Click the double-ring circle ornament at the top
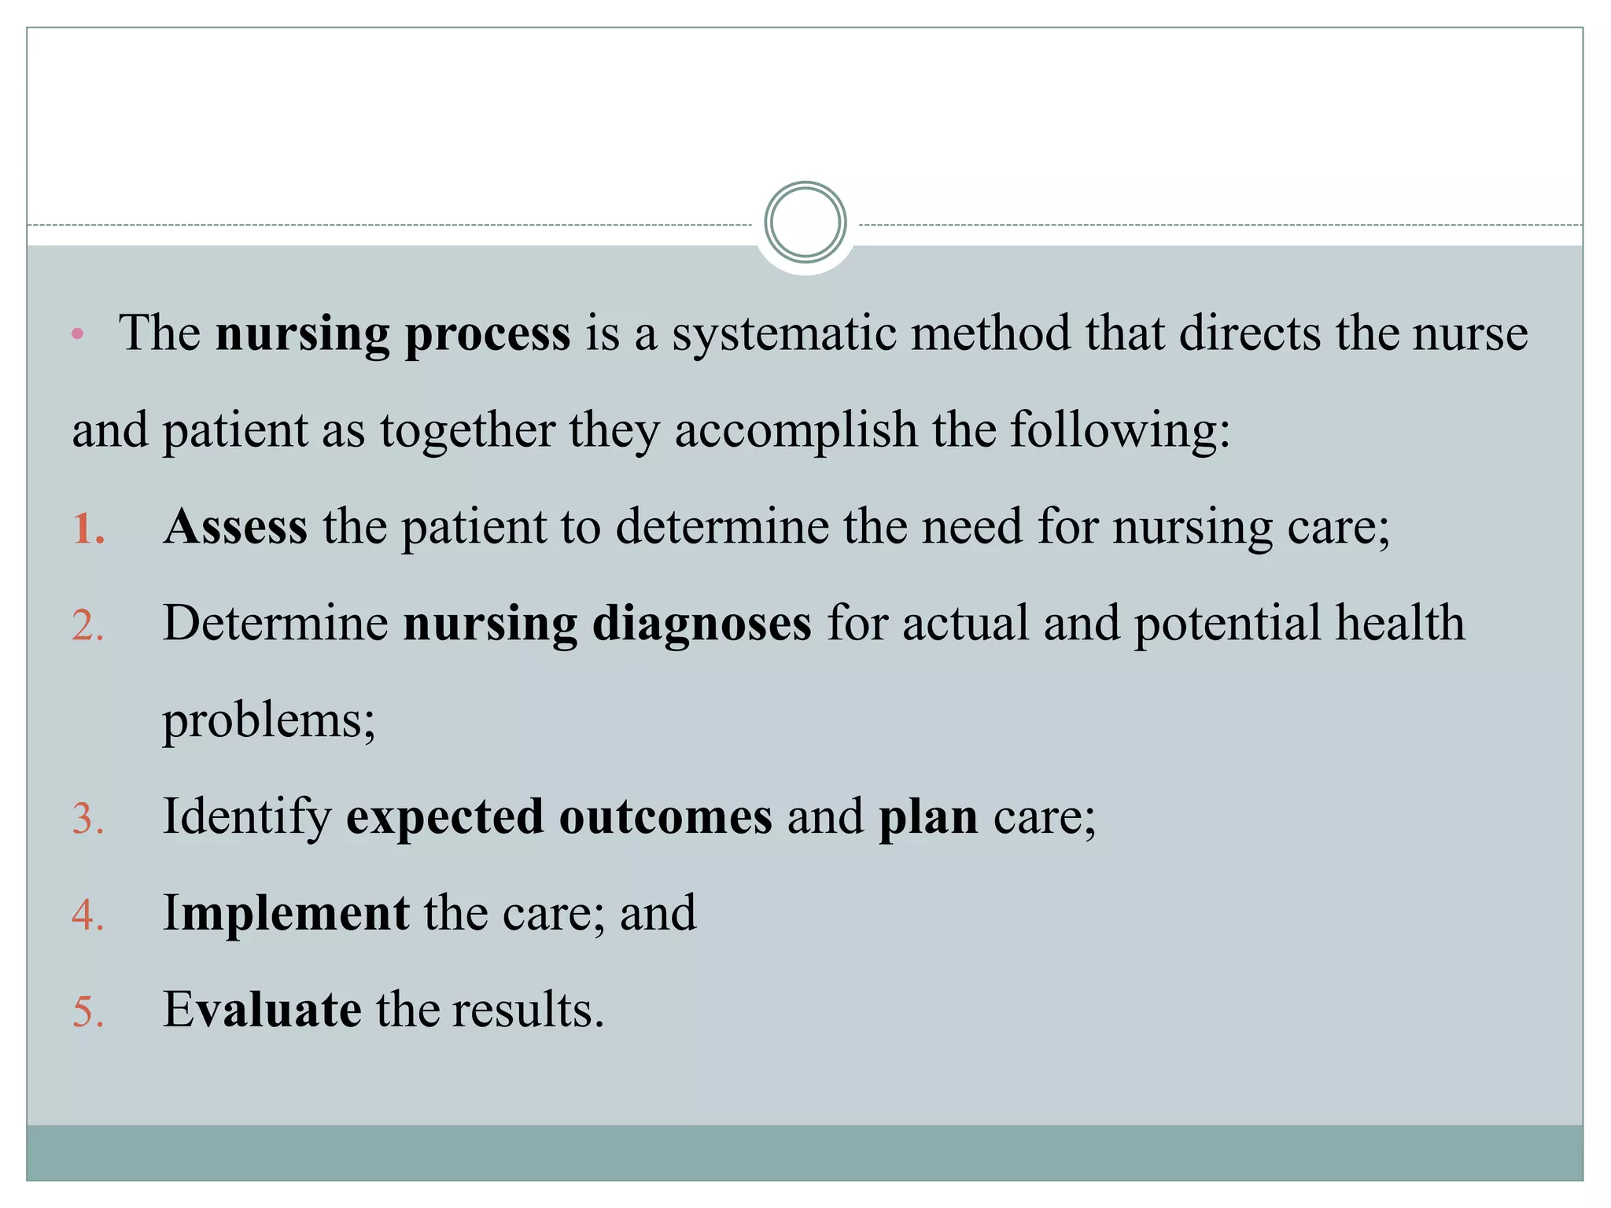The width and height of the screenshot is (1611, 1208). tap(805, 223)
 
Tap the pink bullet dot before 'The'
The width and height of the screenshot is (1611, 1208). tap(77, 334)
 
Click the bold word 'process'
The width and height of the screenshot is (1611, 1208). tap(487, 334)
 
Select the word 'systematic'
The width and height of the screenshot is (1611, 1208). tap(783, 333)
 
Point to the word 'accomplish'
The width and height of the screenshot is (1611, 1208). tap(795, 431)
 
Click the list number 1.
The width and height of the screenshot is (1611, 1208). tap(87, 528)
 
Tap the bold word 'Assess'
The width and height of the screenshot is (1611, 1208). tap(235, 526)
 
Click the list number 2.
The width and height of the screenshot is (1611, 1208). tap(87, 626)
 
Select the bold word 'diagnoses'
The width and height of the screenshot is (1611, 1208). tap(702, 624)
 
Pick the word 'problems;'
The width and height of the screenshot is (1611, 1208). tap(269, 721)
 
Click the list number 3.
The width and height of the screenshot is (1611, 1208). tap(87, 819)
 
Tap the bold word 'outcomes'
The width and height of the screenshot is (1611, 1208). tap(665, 817)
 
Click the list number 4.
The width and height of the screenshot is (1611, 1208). tap(87, 915)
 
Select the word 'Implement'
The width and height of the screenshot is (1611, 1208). tap(286, 914)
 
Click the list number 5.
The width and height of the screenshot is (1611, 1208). tap(87, 1012)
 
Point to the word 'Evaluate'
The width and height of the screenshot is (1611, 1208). tap(262, 1010)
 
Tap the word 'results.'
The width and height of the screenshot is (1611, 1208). tap(528, 1010)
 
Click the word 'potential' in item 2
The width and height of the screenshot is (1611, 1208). tap(1227, 624)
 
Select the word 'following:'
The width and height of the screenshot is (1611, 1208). tap(1120, 431)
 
